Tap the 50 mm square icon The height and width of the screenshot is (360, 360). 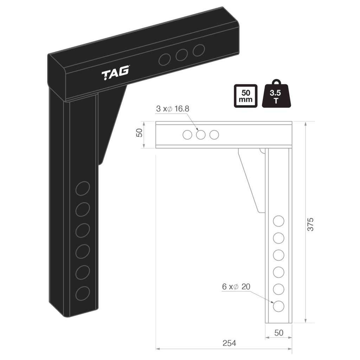click(245, 96)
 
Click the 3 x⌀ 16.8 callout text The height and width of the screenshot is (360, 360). click(173, 109)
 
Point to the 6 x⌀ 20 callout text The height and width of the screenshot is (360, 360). click(236, 287)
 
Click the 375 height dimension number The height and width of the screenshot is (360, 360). click(310, 224)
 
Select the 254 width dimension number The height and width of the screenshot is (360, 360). click(229, 343)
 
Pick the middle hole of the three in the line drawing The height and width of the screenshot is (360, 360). click(201, 135)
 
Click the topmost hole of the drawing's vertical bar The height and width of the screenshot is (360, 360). click(278, 221)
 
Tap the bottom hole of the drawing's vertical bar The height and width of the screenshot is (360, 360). click(278, 306)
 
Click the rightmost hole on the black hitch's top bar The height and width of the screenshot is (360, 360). click(199, 50)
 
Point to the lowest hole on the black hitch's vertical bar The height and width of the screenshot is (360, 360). click(83, 293)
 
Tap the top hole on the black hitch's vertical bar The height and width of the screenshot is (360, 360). click(83, 188)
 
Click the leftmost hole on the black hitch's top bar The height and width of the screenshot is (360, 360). click(165, 60)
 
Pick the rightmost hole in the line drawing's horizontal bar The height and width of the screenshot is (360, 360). click(214, 135)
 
